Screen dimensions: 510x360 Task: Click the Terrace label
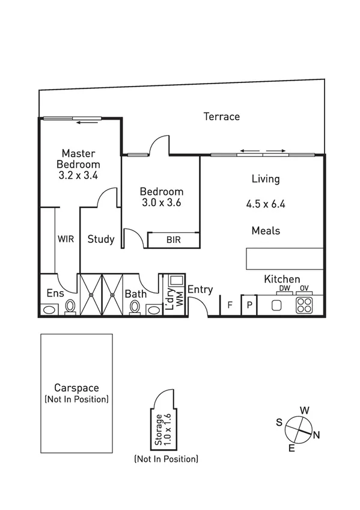click(221, 117)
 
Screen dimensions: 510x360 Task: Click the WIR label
click(66, 239)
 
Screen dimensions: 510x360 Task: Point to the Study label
click(101, 239)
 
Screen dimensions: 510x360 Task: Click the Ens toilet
click(70, 307)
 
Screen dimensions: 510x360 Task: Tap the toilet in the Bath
click(135, 307)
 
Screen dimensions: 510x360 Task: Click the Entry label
click(200, 290)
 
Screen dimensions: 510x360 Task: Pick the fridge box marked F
click(230, 305)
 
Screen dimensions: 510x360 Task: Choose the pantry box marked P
click(249, 305)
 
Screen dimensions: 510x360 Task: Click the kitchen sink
click(276, 305)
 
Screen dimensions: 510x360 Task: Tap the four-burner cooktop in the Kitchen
click(304, 305)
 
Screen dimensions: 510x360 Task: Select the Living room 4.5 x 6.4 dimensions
click(265, 204)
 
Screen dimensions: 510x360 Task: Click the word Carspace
click(76, 388)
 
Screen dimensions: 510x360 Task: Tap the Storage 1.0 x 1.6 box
click(161, 429)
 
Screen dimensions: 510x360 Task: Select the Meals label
click(266, 230)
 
